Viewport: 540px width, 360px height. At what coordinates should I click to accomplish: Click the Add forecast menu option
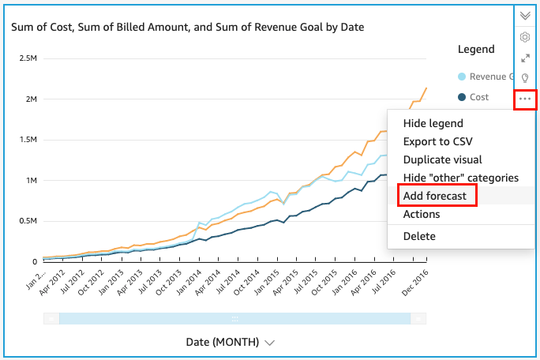(x=435, y=196)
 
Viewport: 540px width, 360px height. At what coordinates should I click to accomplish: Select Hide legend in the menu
(x=433, y=123)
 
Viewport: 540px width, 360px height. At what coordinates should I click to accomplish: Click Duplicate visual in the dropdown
(x=442, y=159)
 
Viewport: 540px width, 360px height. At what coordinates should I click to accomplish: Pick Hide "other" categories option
(x=460, y=178)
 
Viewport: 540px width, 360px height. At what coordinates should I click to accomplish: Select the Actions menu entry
(x=421, y=214)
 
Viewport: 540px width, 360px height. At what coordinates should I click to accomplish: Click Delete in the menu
(x=418, y=236)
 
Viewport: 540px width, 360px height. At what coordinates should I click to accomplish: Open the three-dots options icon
(x=526, y=99)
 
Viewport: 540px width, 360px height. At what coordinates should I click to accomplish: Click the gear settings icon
(x=525, y=37)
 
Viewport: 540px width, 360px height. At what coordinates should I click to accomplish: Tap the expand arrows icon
(x=525, y=58)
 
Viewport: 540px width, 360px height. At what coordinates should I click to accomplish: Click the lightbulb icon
(x=525, y=78)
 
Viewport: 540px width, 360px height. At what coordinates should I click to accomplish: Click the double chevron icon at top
(x=525, y=15)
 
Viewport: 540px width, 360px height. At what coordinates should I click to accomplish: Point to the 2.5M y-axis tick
(x=30, y=58)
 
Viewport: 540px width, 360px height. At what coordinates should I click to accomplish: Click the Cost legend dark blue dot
(x=462, y=97)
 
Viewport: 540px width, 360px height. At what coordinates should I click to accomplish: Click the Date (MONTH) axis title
(x=223, y=343)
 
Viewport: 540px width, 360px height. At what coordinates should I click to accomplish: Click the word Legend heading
(x=476, y=49)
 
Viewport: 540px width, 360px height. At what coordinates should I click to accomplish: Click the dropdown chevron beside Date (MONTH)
(x=270, y=343)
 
